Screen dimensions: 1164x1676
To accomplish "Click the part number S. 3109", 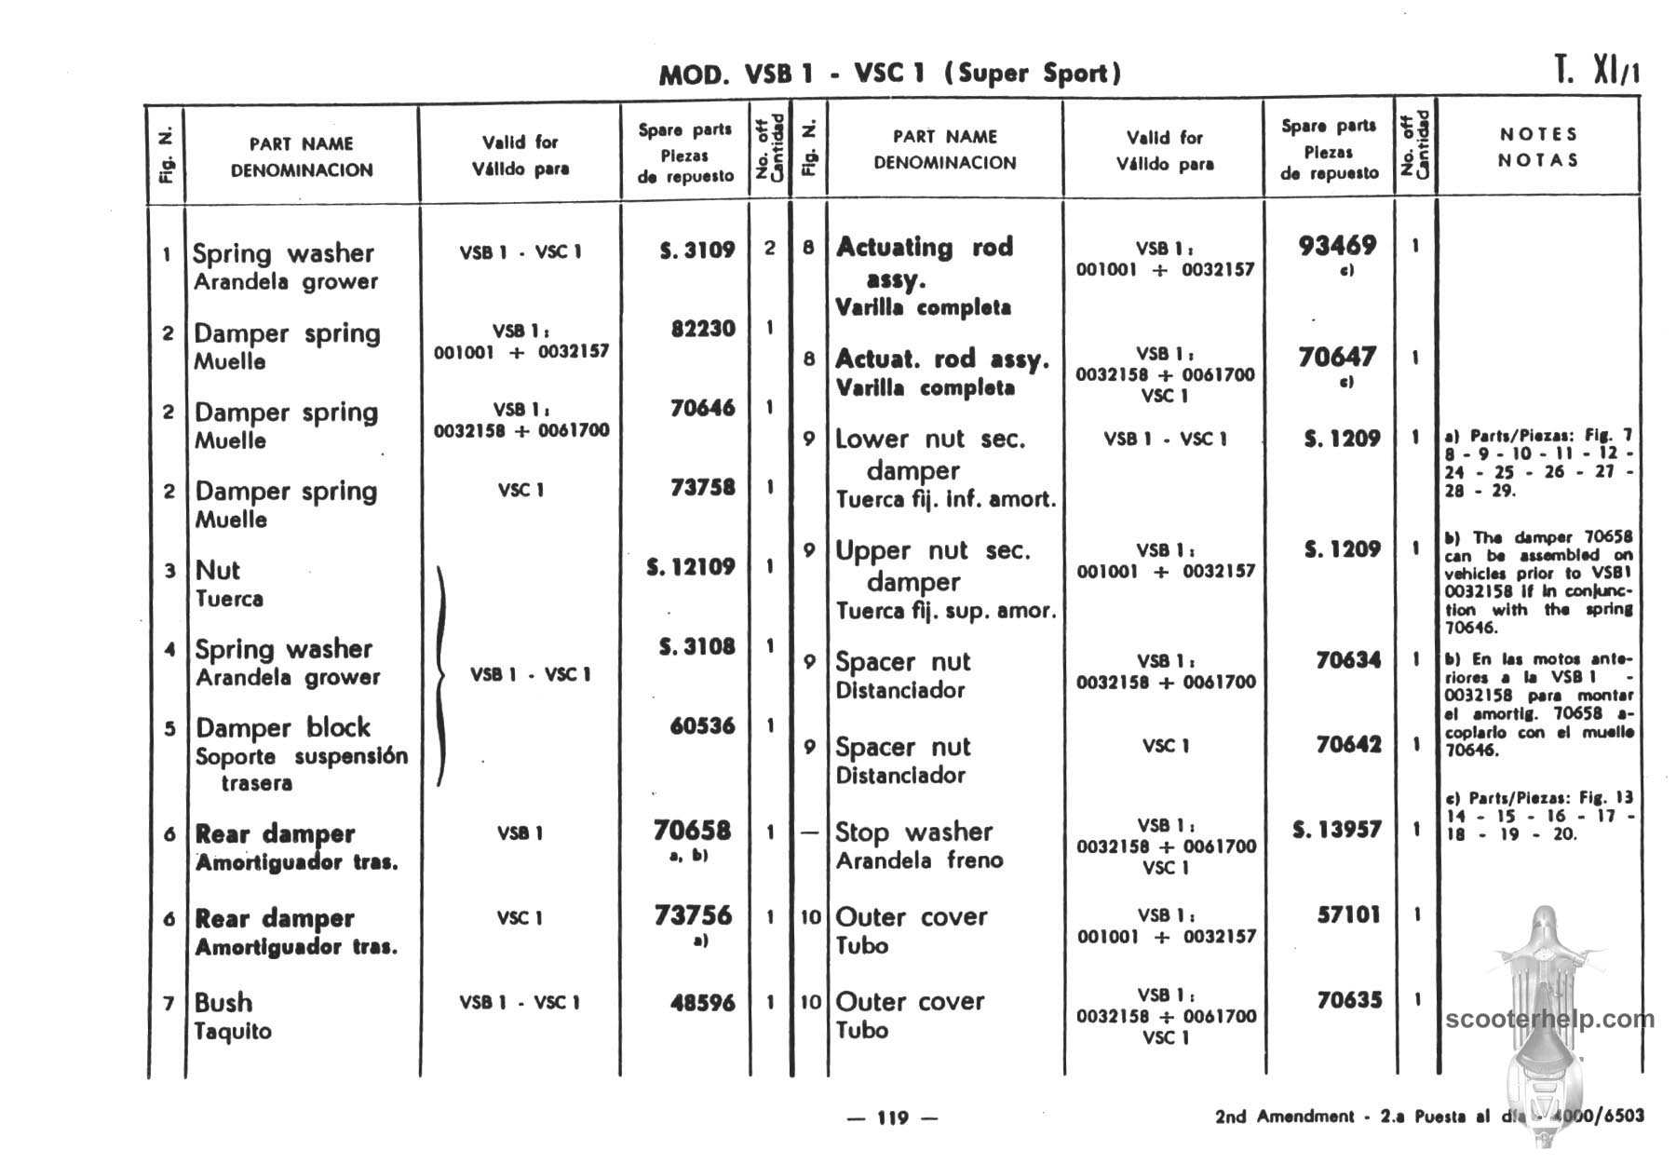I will click(x=697, y=250).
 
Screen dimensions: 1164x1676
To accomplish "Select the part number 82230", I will click(x=703, y=329).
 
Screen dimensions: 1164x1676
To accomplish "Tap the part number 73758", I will click(x=703, y=487).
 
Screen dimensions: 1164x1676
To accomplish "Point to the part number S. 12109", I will click(x=691, y=566).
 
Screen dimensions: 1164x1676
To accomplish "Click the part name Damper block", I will click(x=283, y=727).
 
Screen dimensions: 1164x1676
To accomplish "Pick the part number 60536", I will click(x=703, y=725).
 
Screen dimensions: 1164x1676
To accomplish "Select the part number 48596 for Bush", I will click(x=703, y=1003).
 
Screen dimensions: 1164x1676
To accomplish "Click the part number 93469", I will click(x=1337, y=246).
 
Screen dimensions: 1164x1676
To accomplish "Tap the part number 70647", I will click(x=1337, y=357).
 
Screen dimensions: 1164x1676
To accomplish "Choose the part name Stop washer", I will click(x=913, y=832).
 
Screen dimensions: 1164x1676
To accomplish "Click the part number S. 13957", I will click(x=1337, y=829).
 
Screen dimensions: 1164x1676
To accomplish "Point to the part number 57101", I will click(x=1348, y=914).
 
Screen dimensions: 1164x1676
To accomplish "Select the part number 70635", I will click(x=1348, y=1000).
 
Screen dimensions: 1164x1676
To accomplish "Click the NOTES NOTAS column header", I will click(x=1538, y=147).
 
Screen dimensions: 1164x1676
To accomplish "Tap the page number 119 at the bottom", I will click(x=892, y=1117).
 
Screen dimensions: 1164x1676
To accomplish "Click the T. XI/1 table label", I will click(x=1596, y=72).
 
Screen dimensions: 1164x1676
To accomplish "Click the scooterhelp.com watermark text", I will click(x=1550, y=1019).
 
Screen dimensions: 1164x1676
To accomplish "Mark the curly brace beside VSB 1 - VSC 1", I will click(x=441, y=674).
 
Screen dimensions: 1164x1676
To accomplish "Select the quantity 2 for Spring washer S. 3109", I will click(x=770, y=249).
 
